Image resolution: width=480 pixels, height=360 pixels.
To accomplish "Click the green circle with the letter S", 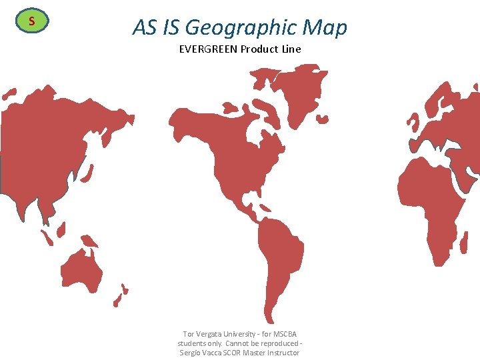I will pyautogui.click(x=31, y=21).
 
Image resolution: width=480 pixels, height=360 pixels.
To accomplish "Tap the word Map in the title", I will pyautogui.click(x=325, y=27).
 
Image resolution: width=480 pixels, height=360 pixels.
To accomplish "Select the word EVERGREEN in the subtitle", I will pyautogui.click(x=209, y=49).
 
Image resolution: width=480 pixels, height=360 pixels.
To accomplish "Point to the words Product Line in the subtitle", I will pyautogui.click(x=271, y=49).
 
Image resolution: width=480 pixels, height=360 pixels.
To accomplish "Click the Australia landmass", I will pyautogui.click(x=81, y=267).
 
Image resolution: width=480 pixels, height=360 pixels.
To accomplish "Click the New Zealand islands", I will pyautogui.click(x=121, y=294).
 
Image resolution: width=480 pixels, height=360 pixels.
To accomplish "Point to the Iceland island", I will pyautogui.click(x=322, y=120).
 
